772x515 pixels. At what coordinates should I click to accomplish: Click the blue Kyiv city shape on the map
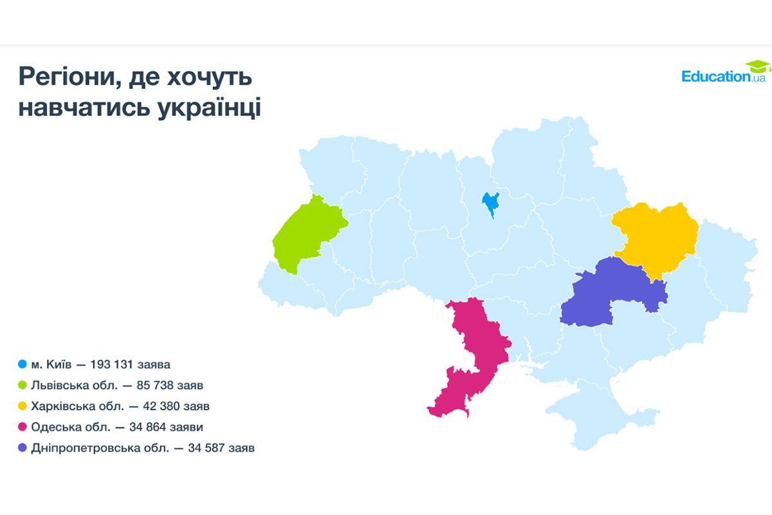click(491, 203)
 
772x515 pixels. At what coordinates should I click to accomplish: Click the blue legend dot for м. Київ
click(23, 365)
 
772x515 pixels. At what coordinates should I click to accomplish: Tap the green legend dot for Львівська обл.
click(23, 386)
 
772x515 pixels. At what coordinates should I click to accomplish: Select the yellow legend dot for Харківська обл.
click(23, 406)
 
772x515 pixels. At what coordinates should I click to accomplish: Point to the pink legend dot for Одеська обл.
click(23, 427)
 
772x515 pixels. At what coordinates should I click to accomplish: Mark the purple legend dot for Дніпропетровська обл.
click(23, 447)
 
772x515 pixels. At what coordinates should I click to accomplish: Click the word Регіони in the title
click(65, 77)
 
